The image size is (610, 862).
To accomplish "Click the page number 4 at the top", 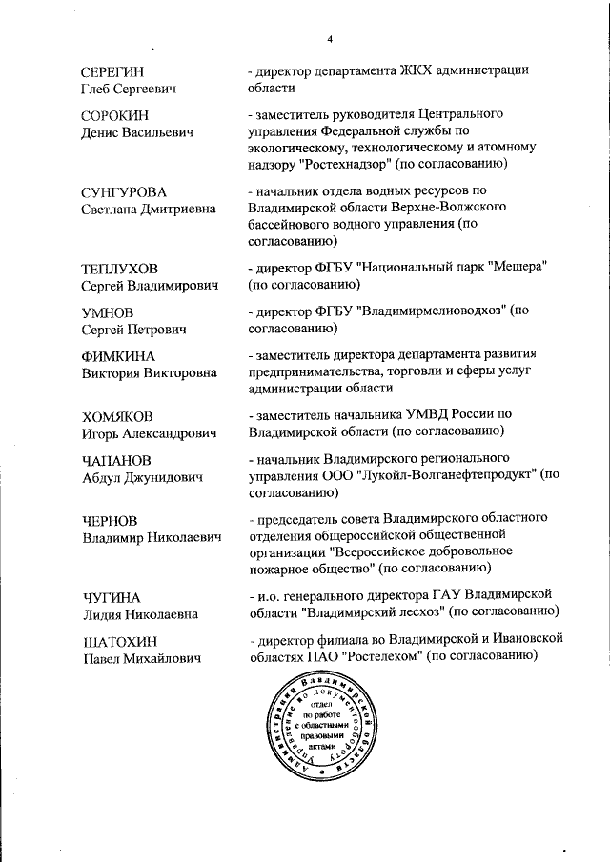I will coord(329,40).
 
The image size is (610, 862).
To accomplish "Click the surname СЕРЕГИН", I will coord(112,71).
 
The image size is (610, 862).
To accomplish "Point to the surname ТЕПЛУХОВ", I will coord(119,269).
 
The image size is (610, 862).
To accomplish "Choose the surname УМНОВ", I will coord(108,312).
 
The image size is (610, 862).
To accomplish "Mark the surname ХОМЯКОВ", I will coord(117,416).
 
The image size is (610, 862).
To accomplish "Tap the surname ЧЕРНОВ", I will coord(110,520).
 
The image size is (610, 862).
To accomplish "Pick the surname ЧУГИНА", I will coord(111,597).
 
